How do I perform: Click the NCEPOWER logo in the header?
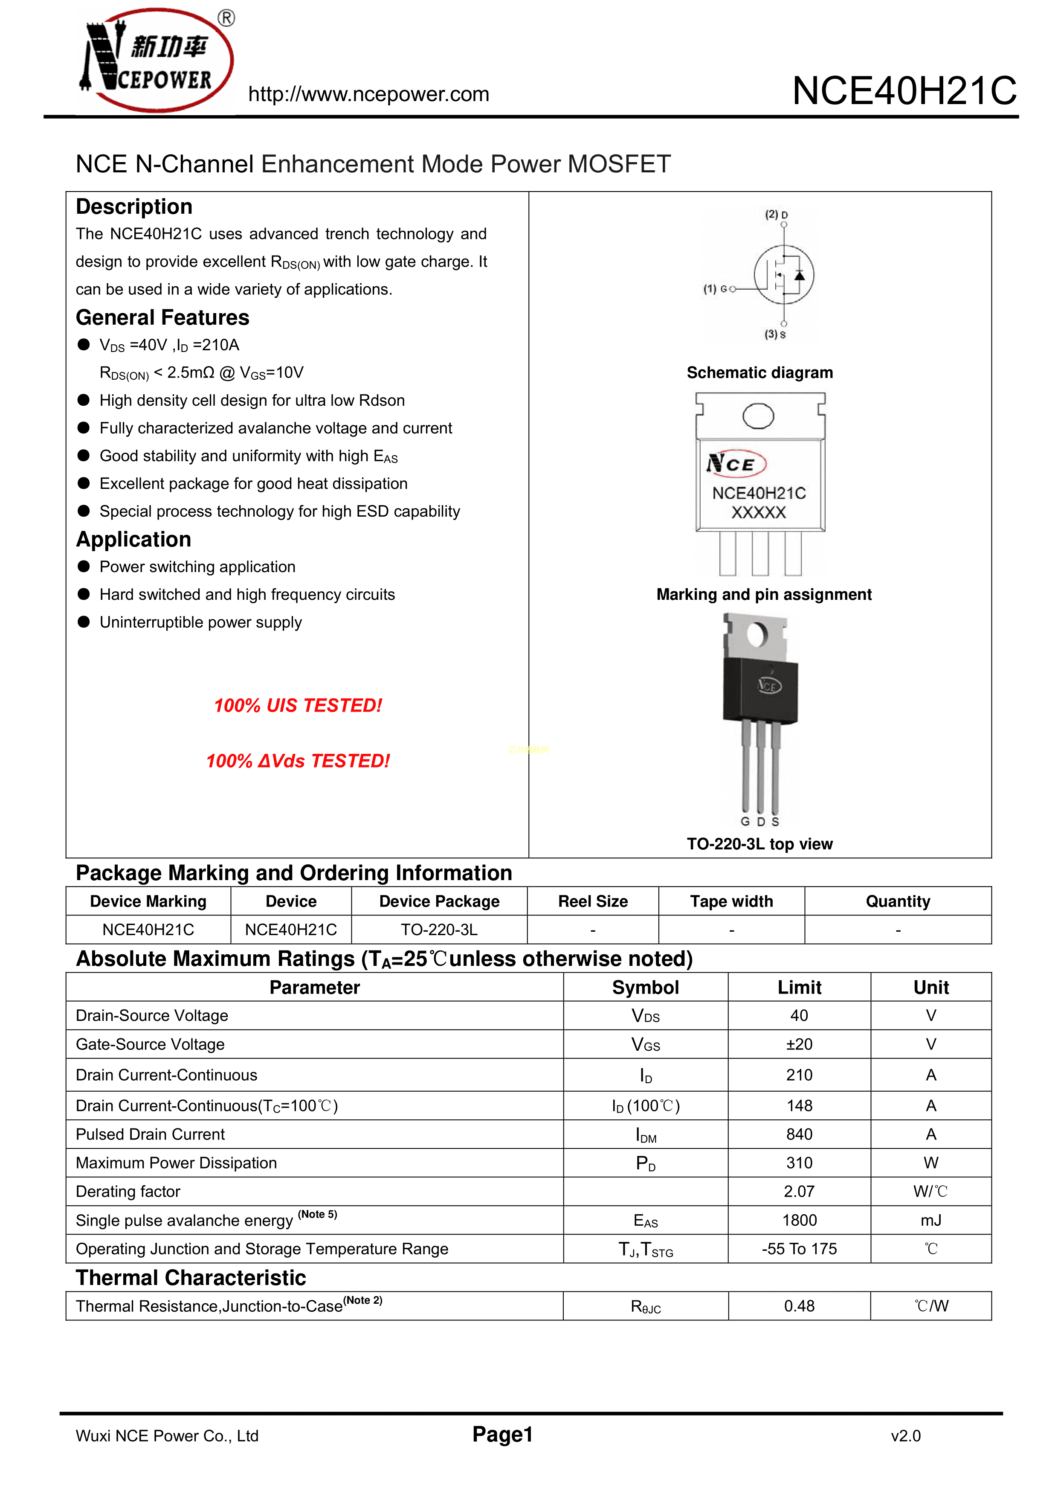157,60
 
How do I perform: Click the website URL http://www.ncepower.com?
368,95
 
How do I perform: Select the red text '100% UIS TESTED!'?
298,706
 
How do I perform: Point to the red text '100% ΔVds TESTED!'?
298,761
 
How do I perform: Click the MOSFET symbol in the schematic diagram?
783,274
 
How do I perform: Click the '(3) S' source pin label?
775,334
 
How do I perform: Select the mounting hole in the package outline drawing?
758,416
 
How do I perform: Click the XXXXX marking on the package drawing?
759,513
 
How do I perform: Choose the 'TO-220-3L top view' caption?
759,844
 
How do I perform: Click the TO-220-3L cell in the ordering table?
439,930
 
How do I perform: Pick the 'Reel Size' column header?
593,902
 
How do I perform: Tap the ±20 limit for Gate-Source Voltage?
799,1044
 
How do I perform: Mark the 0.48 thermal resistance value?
799,1306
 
